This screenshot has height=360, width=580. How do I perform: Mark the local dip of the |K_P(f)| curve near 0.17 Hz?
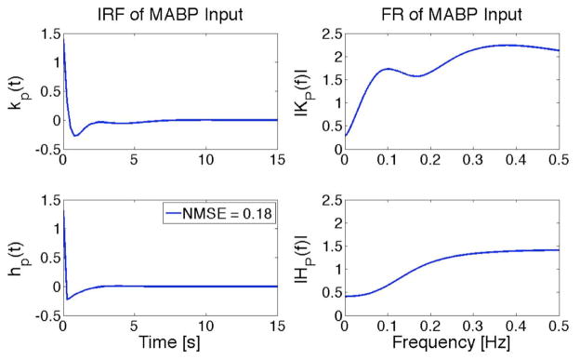pyautogui.click(x=417, y=76)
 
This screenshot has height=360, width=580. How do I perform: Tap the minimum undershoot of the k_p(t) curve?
pyautogui.click(x=76, y=135)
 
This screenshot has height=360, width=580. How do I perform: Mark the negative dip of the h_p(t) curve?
pyautogui.click(x=67, y=299)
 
